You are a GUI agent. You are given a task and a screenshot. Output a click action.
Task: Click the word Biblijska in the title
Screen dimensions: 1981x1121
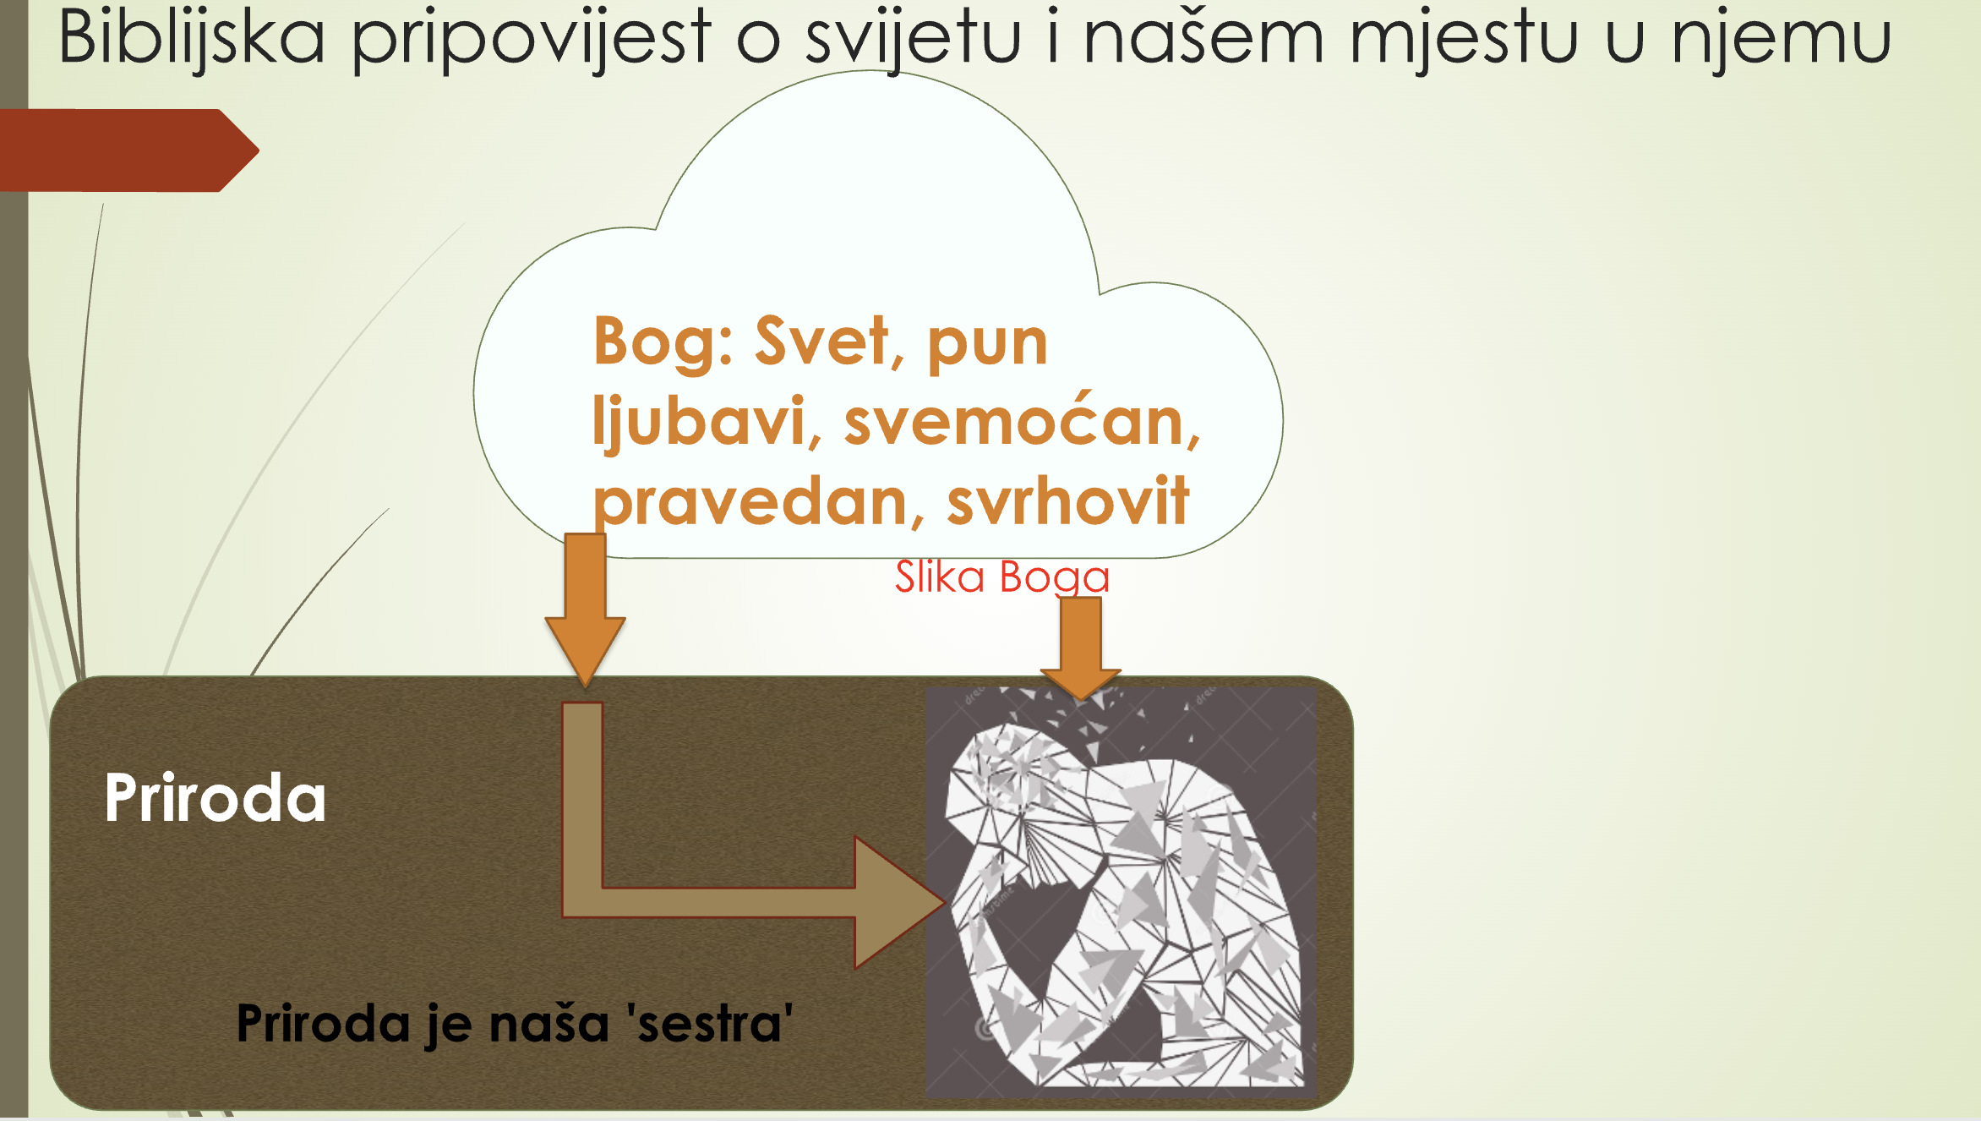pos(192,38)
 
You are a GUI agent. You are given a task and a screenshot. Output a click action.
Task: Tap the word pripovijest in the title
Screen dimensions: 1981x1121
pos(531,41)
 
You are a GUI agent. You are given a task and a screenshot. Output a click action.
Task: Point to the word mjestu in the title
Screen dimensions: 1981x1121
pos(1464,41)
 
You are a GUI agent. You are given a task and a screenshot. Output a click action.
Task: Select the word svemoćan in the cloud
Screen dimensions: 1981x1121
pos(1021,419)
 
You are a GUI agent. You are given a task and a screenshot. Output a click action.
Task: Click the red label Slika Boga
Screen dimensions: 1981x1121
pos(1002,577)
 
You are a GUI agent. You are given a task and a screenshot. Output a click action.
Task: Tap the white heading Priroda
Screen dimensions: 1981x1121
pos(216,797)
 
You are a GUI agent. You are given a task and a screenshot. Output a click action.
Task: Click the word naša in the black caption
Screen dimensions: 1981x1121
pos(549,1024)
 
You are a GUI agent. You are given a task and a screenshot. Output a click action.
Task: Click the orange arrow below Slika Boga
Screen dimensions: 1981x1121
pos(1081,648)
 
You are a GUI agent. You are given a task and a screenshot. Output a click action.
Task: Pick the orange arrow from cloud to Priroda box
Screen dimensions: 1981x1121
pos(585,609)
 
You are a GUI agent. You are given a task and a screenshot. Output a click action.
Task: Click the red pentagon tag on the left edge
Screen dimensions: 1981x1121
pos(128,150)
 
